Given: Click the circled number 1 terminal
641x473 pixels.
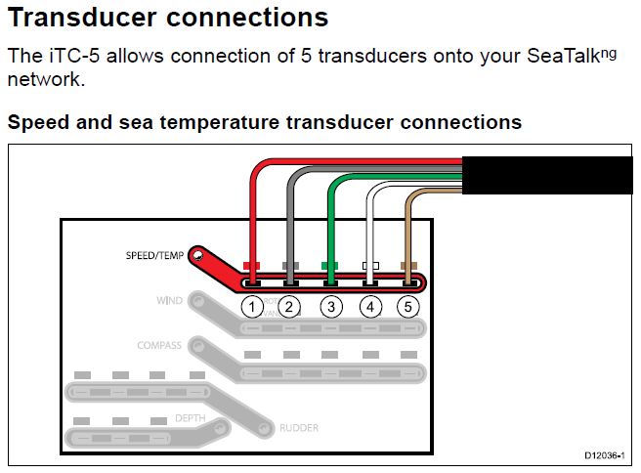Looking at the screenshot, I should (252, 307).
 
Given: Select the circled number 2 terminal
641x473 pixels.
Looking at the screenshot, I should (289, 307).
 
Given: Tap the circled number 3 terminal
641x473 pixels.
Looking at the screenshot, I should (331, 307).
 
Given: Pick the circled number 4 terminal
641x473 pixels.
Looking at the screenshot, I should (370, 307).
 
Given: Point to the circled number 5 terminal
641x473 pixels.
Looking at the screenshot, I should (407, 307).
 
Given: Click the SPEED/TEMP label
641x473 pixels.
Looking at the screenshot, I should (155, 256).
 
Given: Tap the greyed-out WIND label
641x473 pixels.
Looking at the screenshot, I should (169, 300).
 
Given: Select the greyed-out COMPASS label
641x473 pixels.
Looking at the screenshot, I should (160, 345).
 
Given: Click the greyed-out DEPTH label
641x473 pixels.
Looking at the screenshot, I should (190, 417).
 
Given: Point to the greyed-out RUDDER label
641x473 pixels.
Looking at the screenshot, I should (299, 428).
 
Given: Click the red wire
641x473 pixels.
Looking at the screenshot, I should (252, 215).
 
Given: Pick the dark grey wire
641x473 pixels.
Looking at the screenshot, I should (290, 220).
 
